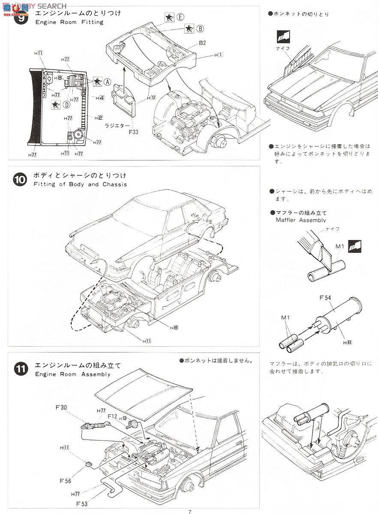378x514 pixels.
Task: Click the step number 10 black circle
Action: click(x=20, y=180)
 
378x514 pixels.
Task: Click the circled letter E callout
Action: click(x=180, y=17)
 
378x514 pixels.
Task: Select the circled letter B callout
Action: click(x=200, y=28)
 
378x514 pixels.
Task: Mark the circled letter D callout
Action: click(x=66, y=104)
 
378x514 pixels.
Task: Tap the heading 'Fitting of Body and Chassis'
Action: click(x=80, y=184)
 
